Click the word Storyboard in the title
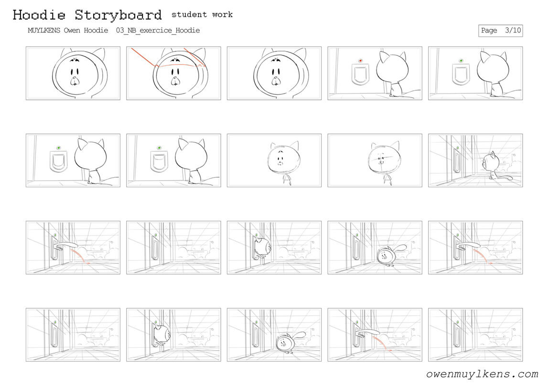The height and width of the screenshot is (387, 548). pyautogui.click(x=118, y=15)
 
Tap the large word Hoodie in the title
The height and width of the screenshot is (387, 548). pyautogui.click(x=39, y=15)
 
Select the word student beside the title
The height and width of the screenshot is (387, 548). pyautogui.click(x=189, y=14)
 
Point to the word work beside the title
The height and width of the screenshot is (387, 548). pyautogui.click(x=222, y=14)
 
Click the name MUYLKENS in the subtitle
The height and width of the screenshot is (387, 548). pyautogui.click(x=43, y=31)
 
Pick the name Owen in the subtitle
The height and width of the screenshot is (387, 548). pyautogui.click(x=72, y=31)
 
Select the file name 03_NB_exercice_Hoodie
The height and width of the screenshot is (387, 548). pyautogui.click(x=158, y=31)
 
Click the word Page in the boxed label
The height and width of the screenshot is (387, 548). pyautogui.click(x=489, y=31)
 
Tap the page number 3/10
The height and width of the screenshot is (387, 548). pyautogui.click(x=513, y=31)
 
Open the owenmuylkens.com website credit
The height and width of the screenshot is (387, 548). pyautogui.click(x=482, y=374)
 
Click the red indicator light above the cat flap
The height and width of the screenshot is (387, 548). pyautogui.click(x=360, y=61)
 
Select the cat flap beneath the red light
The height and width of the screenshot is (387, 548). pyautogui.click(x=360, y=74)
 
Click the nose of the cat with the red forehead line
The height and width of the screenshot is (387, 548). pyautogui.click(x=175, y=81)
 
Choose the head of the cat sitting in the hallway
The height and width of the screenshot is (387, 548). pyautogui.click(x=489, y=161)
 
